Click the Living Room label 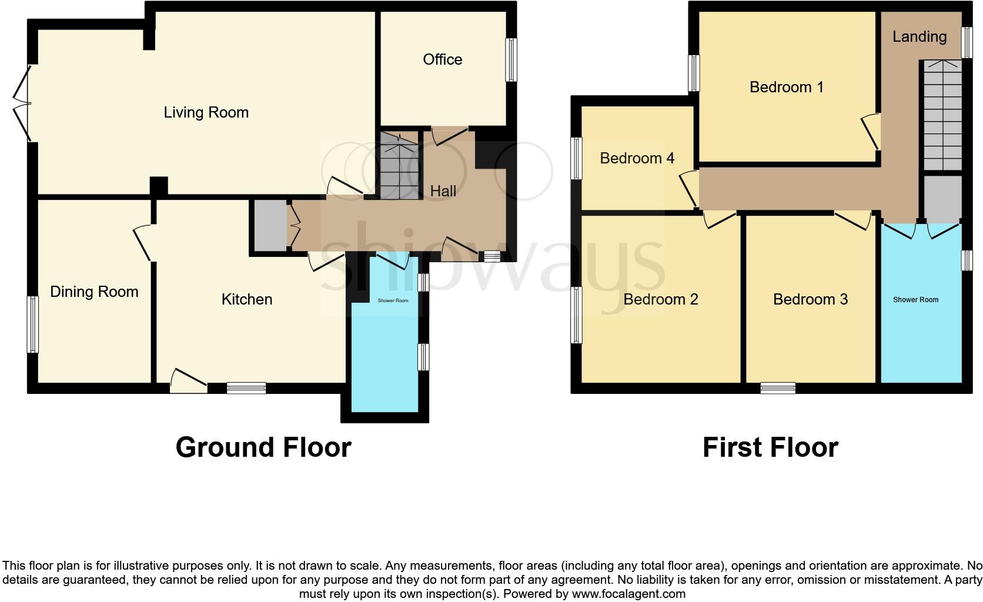point(206,112)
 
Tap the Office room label point(442,59)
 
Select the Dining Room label point(94,292)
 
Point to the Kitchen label point(246,299)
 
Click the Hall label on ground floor point(443,191)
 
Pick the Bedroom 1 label point(786,87)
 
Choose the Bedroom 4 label point(637,158)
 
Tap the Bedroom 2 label point(660,299)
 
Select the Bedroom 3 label point(810,299)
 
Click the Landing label point(919,36)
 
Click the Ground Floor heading point(263,447)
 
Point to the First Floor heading point(770,447)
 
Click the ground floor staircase point(399,165)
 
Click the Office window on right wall point(511,60)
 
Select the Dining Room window point(33,325)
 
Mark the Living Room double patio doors point(24,103)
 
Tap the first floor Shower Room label point(915,300)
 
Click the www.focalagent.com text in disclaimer point(628,594)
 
